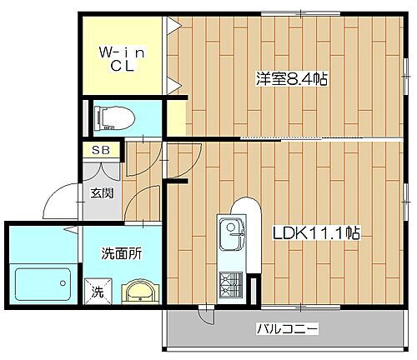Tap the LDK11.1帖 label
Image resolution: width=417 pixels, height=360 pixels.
tap(315, 235)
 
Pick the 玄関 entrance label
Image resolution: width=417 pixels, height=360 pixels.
tap(103, 195)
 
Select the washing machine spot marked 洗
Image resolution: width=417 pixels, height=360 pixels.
tap(98, 292)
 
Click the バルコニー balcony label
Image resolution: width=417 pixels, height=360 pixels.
tap(286, 330)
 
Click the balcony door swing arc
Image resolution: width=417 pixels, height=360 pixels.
tap(203, 315)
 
